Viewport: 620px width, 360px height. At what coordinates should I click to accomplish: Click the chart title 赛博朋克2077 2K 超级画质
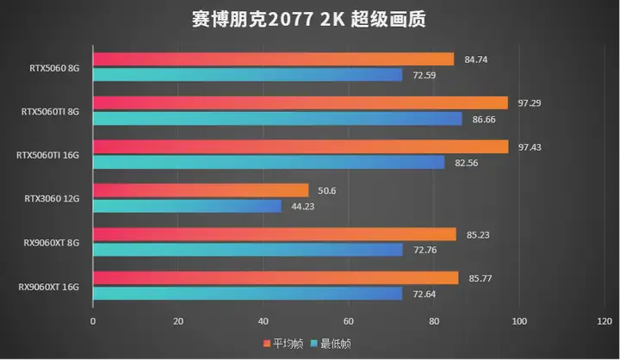tap(309, 19)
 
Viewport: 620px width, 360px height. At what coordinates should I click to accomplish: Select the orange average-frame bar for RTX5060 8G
tap(273, 59)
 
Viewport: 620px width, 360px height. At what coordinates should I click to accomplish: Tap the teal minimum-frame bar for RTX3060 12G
tap(187, 206)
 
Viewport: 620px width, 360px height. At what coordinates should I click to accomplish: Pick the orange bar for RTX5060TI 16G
tap(300, 146)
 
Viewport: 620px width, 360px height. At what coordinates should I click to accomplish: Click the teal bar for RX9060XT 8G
tap(247, 250)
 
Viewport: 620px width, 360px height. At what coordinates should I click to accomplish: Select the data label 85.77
tap(480, 277)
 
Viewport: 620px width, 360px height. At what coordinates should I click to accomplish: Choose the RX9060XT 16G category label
tap(51, 286)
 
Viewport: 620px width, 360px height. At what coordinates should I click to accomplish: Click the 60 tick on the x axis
tap(348, 322)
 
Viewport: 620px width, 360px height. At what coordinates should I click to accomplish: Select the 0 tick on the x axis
tap(93, 322)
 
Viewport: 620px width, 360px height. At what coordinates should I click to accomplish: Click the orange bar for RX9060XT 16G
tap(276, 278)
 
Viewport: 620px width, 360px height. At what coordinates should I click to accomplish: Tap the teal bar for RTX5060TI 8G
tap(277, 119)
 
